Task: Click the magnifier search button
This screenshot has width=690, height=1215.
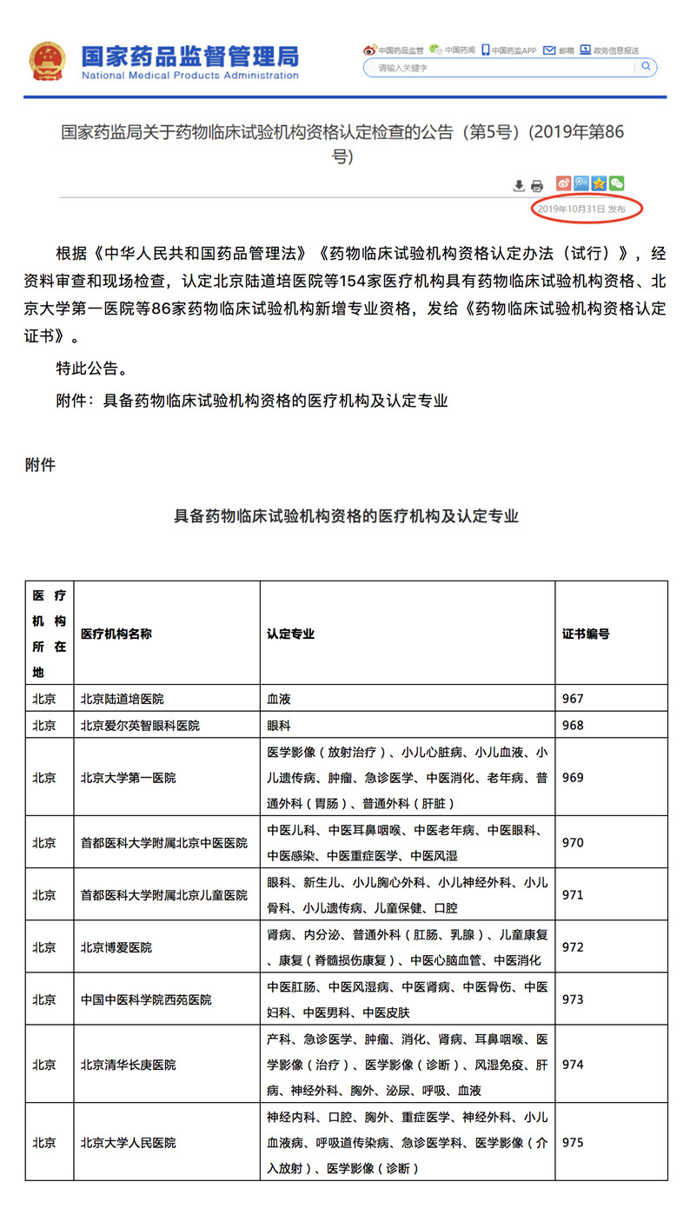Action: pyautogui.click(x=646, y=67)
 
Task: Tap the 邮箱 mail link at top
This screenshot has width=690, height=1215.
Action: pyautogui.click(x=560, y=50)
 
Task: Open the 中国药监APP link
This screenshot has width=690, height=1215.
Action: pyautogui.click(x=510, y=50)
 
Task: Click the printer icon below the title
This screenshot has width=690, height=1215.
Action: pyautogui.click(x=537, y=185)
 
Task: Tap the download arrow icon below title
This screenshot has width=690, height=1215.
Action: pyautogui.click(x=519, y=185)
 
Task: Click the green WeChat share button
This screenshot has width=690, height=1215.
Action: pyautogui.click(x=616, y=183)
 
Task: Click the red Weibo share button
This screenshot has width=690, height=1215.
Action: pyautogui.click(x=564, y=183)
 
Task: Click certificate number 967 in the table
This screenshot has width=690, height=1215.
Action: pyautogui.click(x=574, y=699)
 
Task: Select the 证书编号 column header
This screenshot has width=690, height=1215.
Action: pyautogui.click(x=586, y=634)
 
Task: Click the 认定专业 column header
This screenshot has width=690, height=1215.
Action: pyautogui.click(x=290, y=634)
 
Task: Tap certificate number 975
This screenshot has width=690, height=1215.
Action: pyautogui.click(x=574, y=1142)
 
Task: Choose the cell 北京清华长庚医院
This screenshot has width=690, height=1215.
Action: pyautogui.click(x=128, y=1064)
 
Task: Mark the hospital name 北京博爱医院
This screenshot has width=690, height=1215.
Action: pyautogui.click(x=116, y=946)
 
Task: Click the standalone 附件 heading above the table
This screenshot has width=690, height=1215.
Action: pyautogui.click(x=40, y=465)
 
